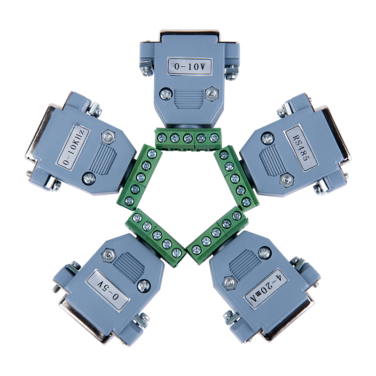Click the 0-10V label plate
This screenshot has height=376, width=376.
pos(190,66)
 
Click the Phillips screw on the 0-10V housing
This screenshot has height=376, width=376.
pos(166,94)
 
